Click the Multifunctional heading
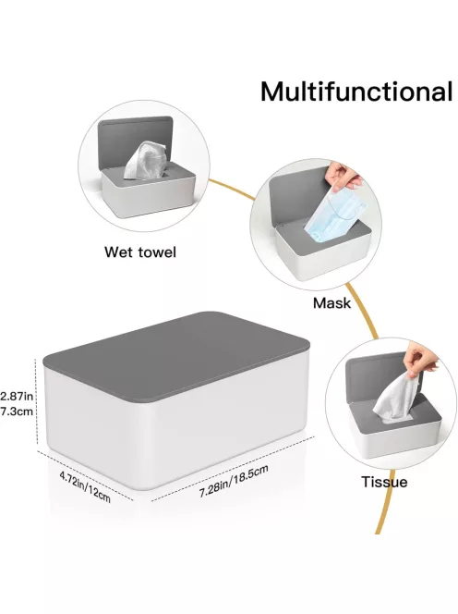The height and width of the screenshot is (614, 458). click(x=356, y=92)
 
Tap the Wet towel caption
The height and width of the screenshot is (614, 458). click(x=140, y=252)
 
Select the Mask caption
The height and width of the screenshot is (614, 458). click(x=331, y=302)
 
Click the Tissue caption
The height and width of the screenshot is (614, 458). click(x=384, y=482)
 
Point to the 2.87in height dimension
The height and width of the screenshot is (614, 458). click(x=17, y=396)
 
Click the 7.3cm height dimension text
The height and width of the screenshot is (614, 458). click(x=17, y=411)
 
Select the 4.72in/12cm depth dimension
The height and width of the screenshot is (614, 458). click(x=85, y=486)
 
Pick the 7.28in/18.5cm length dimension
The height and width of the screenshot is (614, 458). click(x=234, y=481)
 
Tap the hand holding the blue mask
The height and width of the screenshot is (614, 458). click(x=343, y=177)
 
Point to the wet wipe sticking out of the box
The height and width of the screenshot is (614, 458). click(x=143, y=161)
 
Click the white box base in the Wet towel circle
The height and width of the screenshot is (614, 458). click(x=149, y=196)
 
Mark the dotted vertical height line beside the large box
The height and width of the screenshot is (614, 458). click(x=36, y=403)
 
